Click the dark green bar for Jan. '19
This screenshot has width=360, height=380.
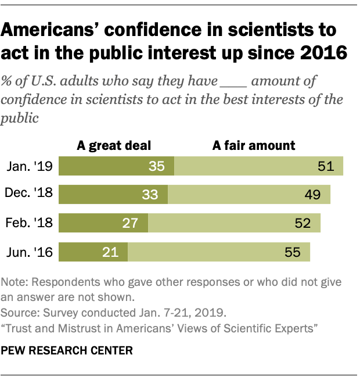(116, 166)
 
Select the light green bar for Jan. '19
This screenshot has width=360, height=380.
(258, 166)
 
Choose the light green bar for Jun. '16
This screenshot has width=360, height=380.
(219, 252)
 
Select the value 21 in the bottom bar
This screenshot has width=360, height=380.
(110, 252)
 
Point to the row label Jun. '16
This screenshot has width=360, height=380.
(30, 252)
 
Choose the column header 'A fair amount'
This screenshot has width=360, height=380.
(254, 145)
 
